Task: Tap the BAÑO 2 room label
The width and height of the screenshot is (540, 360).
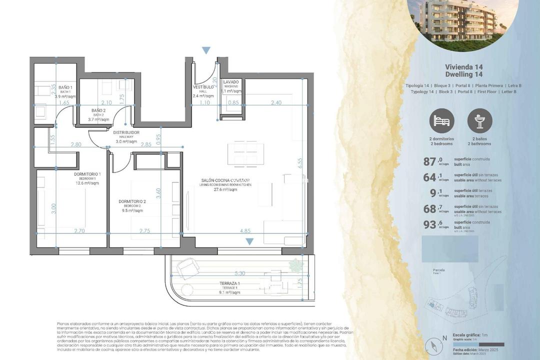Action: pyautogui.click(x=98, y=110)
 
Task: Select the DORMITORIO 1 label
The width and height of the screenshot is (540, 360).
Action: pyautogui.click(x=87, y=174)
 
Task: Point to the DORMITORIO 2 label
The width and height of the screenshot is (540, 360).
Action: pyautogui.click(x=132, y=201)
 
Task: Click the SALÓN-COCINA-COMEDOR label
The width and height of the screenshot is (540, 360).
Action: pyautogui.click(x=225, y=180)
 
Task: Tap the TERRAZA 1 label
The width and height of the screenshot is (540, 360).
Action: pyautogui.click(x=230, y=283)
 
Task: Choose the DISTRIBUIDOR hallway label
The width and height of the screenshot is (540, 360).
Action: pyautogui.click(x=126, y=132)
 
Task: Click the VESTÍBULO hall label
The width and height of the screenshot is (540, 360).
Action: pyautogui.click(x=203, y=87)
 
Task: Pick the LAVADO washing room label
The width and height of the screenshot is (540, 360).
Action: pyautogui.click(x=231, y=82)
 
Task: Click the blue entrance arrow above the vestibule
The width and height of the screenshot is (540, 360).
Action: pyautogui.click(x=206, y=50)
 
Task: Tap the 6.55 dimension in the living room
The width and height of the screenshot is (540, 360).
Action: pyautogui.click(x=299, y=163)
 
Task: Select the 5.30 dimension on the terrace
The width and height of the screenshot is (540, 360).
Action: pyautogui.click(x=239, y=273)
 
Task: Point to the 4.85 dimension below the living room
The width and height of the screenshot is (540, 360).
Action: pyautogui.click(x=245, y=231)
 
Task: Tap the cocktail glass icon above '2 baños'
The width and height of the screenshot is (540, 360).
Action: pyautogui.click(x=479, y=120)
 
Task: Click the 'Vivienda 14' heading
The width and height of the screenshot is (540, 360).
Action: pyautogui.click(x=463, y=66)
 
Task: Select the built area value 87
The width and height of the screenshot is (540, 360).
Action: pyautogui.click(x=430, y=161)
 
